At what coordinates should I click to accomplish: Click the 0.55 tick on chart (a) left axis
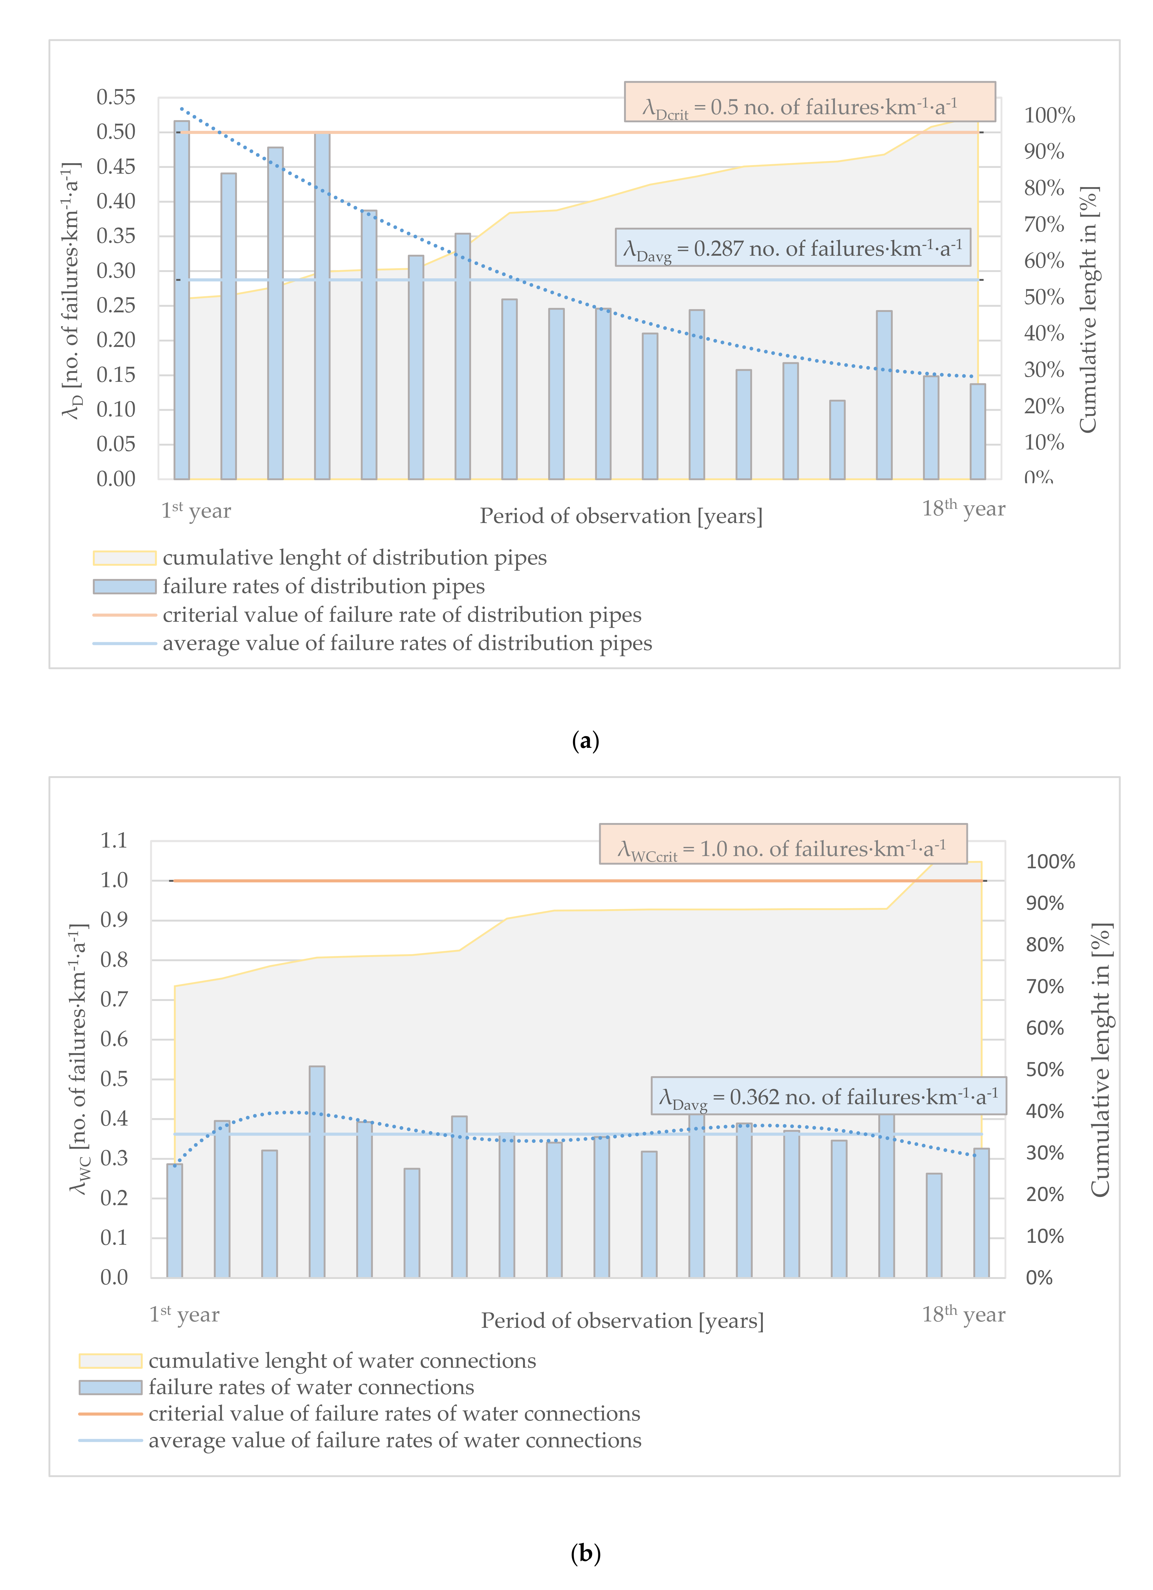click(x=116, y=97)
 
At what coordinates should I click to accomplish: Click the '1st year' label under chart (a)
click(x=196, y=510)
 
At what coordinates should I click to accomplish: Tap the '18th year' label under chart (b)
click(x=963, y=1314)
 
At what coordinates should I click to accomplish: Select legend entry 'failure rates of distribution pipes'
click(x=323, y=586)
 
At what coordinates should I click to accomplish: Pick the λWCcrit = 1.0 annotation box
click(x=783, y=844)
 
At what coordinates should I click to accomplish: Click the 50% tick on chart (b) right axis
click(x=1044, y=1070)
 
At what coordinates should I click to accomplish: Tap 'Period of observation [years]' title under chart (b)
click(x=622, y=1321)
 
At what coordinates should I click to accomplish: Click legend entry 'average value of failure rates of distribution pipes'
click(x=407, y=643)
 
